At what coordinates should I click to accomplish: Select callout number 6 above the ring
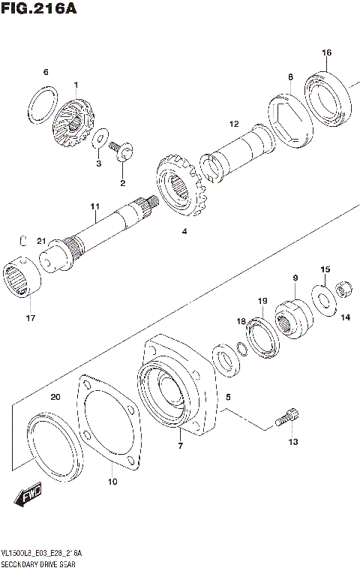click(45, 72)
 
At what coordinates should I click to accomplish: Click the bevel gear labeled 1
click(71, 122)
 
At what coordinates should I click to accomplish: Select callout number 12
click(234, 124)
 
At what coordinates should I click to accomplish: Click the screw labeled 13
click(288, 417)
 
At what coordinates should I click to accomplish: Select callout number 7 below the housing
click(180, 447)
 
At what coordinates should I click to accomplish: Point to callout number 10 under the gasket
click(112, 481)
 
